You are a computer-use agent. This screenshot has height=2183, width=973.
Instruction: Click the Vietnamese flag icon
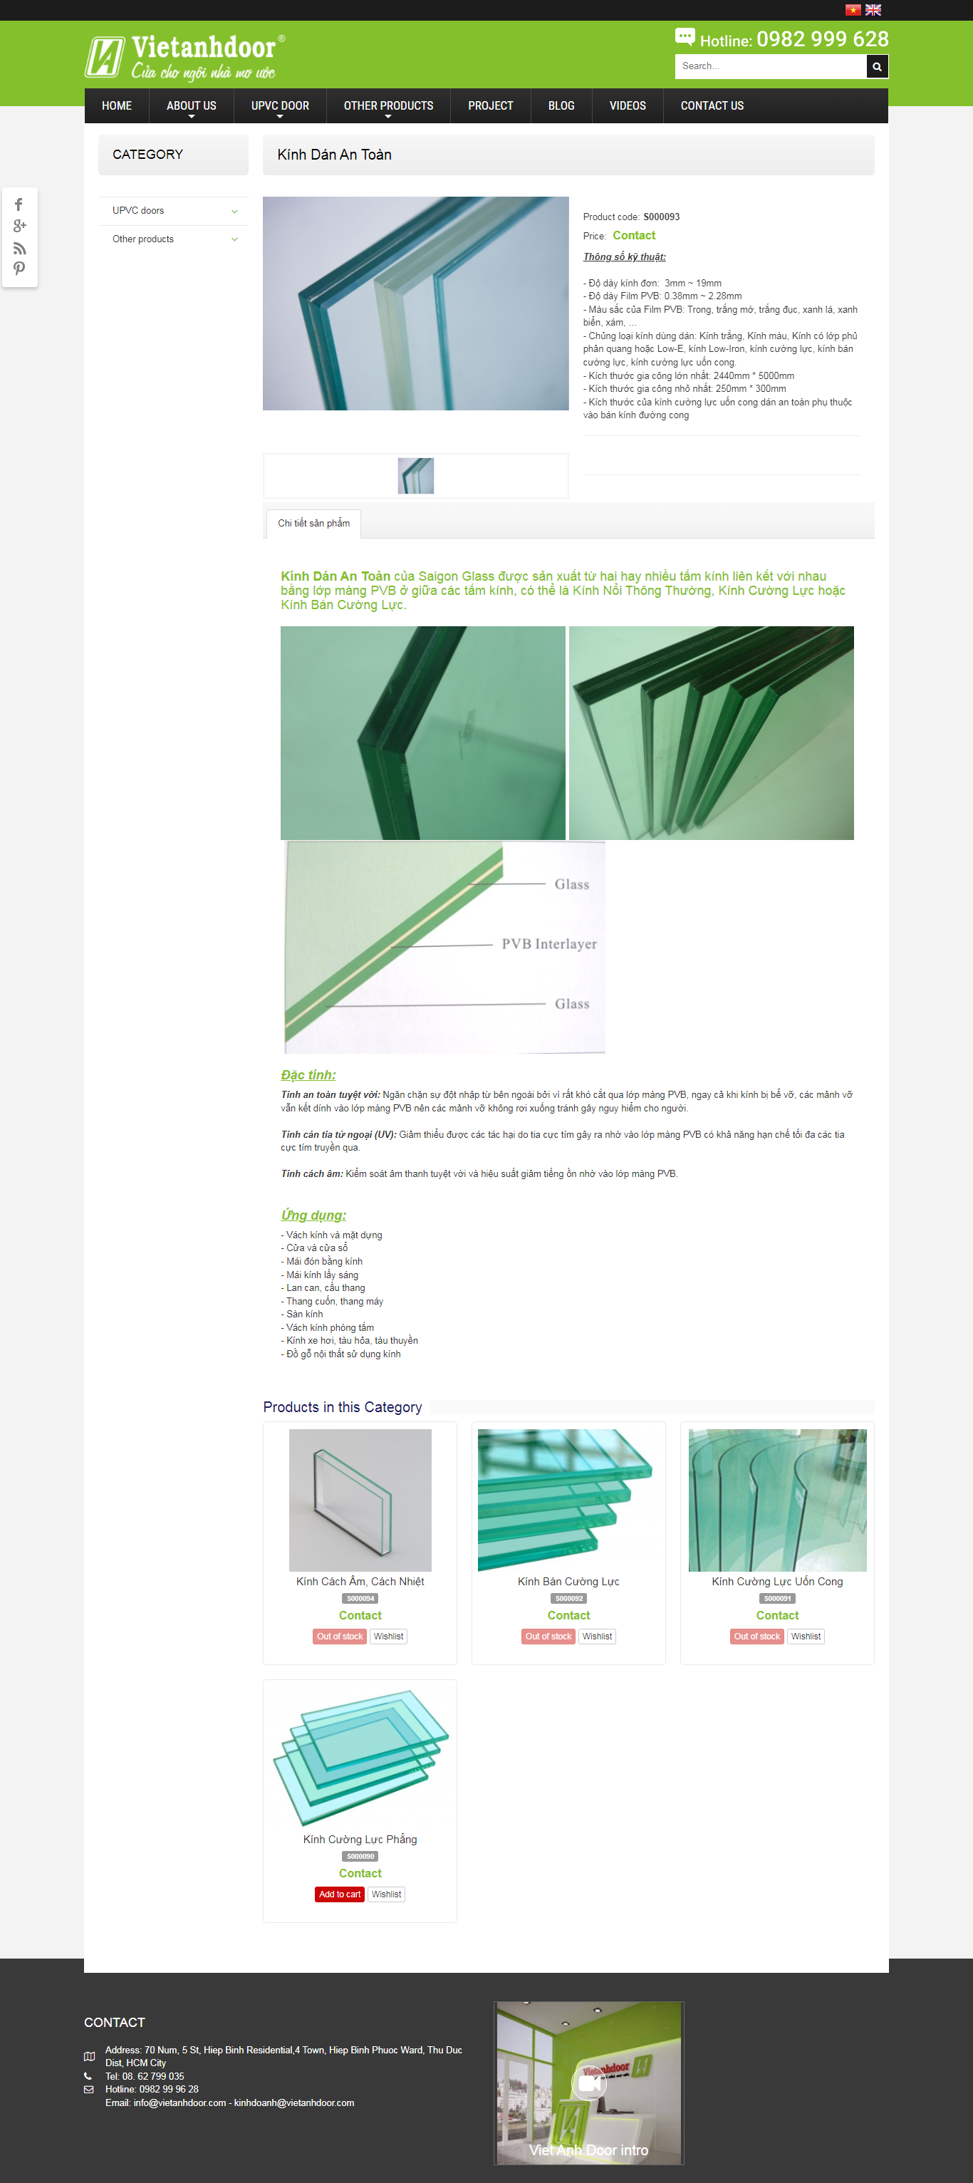coord(853,10)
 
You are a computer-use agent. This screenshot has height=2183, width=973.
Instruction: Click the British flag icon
coord(873,10)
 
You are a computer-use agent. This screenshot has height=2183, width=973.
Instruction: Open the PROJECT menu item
coord(491,106)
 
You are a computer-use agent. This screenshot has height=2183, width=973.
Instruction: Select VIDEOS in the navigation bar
coord(628,106)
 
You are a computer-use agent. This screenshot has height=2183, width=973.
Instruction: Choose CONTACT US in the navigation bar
coord(712,106)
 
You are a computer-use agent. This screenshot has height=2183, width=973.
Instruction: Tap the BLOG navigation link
coord(561,106)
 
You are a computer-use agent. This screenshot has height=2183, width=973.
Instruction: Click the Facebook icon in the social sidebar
coord(19,205)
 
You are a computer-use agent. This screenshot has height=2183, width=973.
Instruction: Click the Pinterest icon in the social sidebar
coord(19,269)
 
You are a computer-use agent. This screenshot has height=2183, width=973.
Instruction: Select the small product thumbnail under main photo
coord(415,475)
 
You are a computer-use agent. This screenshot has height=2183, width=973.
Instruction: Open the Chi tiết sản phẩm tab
coord(313,524)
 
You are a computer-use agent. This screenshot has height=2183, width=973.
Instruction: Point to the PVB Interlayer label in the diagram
coord(549,944)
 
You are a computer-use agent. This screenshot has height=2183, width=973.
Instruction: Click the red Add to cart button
coord(340,1894)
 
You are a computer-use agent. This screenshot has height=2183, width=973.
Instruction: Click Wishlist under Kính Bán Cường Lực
coord(598,1637)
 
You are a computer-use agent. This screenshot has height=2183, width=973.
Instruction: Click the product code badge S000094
coord(360,1598)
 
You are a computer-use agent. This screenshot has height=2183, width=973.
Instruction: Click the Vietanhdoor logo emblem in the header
coord(104,57)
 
